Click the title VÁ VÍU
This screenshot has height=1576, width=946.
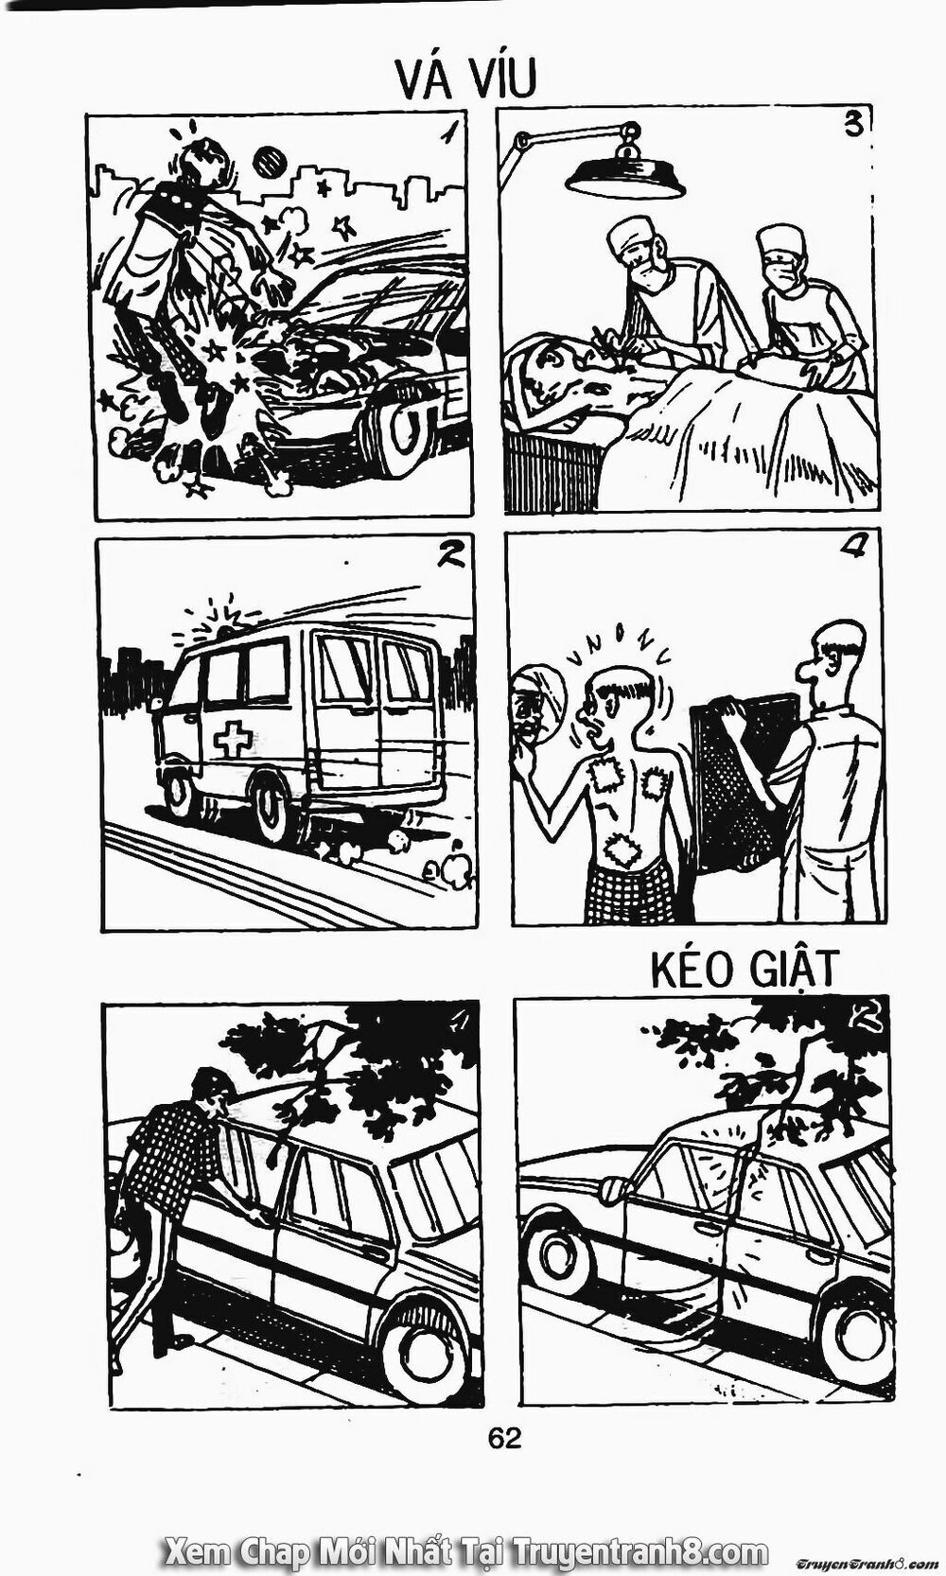point(465,78)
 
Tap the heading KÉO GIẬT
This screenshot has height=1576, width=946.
point(745,970)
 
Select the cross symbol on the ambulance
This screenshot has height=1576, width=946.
point(233,740)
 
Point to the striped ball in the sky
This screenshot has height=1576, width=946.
point(268,163)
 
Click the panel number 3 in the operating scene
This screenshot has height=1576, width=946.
point(853,127)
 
